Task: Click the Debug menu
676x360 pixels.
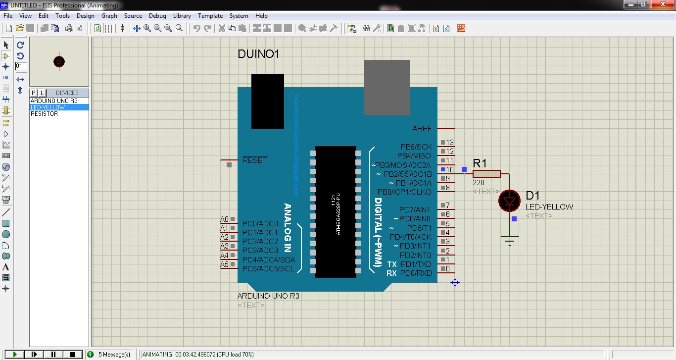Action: point(157,16)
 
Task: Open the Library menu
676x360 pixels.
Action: point(182,16)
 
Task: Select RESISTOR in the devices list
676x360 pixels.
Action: point(44,114)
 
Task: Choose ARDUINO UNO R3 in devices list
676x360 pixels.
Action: point(54,101)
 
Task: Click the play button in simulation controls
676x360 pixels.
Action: point(15,354)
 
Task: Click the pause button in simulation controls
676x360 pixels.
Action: point(53,354)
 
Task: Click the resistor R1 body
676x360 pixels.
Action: point(486,174)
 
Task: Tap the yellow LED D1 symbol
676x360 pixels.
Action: point(509,201)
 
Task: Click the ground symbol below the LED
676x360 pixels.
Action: point(509,241)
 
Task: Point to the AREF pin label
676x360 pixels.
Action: point(422,129)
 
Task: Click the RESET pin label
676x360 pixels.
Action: point(254,160)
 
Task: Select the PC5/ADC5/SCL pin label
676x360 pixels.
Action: point(268,269)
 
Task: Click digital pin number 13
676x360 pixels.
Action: point(450,143)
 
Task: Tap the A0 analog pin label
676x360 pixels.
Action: point(224,219)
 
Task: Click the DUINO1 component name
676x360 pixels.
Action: point(258,54)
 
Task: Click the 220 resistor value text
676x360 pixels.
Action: point(478,183)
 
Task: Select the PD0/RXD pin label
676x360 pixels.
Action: point(416,273)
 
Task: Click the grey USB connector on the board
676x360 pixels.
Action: point(387,87)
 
